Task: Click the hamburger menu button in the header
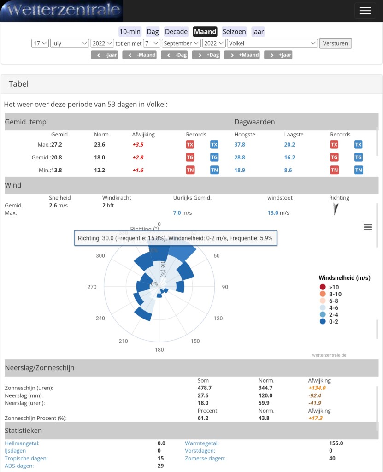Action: click(x=365, y=11)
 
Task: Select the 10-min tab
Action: click(x=130, y=32)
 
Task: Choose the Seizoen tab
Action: click(x=234, y=32)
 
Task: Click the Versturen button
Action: click(x=336, y=43)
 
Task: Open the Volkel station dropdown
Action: click(x=272, y=43)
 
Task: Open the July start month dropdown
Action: click(x=70, y=43)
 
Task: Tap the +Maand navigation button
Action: click(x=242, y=55)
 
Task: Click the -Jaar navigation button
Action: click(x=104, y=55)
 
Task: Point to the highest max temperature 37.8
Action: click(x=240, y=144)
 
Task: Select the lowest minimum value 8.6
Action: click(x=288, y=170)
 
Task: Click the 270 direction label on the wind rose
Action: click(x=92, y=287)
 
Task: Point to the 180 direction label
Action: click(x=159, y=350)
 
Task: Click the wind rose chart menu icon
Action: click(x=368, y=227)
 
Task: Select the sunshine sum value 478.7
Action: click(x=204, y=388)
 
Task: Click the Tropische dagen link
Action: click(x=26, y=458)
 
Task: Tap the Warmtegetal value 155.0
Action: click(x=336, y=443)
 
